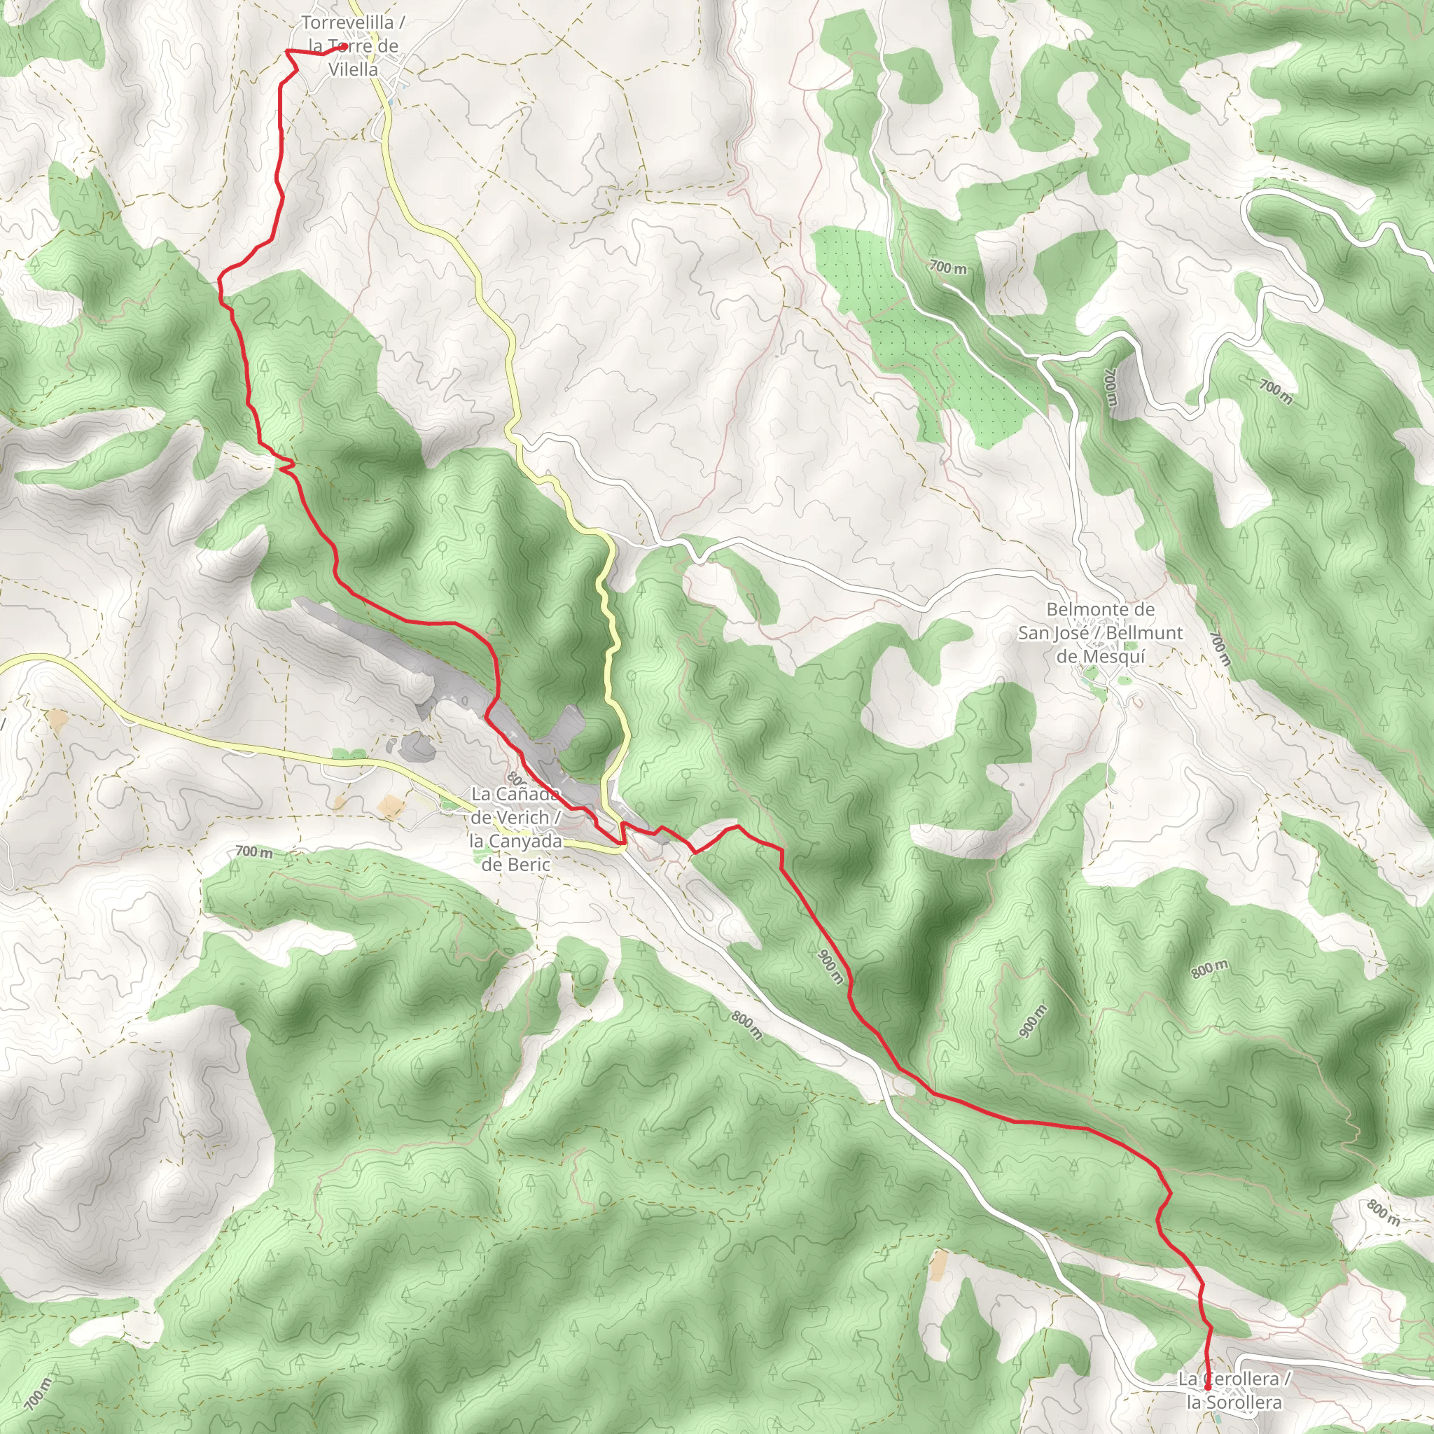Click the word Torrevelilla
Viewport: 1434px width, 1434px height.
point(347,23)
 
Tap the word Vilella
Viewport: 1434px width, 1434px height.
point(354,70)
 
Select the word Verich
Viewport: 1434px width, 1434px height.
point(520,817)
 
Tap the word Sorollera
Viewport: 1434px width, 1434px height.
point(1244,1402)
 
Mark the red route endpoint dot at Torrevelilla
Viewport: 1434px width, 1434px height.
point(344,47)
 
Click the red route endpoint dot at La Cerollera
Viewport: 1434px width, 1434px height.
point(1208,1386)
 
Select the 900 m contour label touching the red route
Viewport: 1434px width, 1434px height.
point(830,966)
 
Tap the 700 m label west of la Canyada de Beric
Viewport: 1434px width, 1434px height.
point(254,851)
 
